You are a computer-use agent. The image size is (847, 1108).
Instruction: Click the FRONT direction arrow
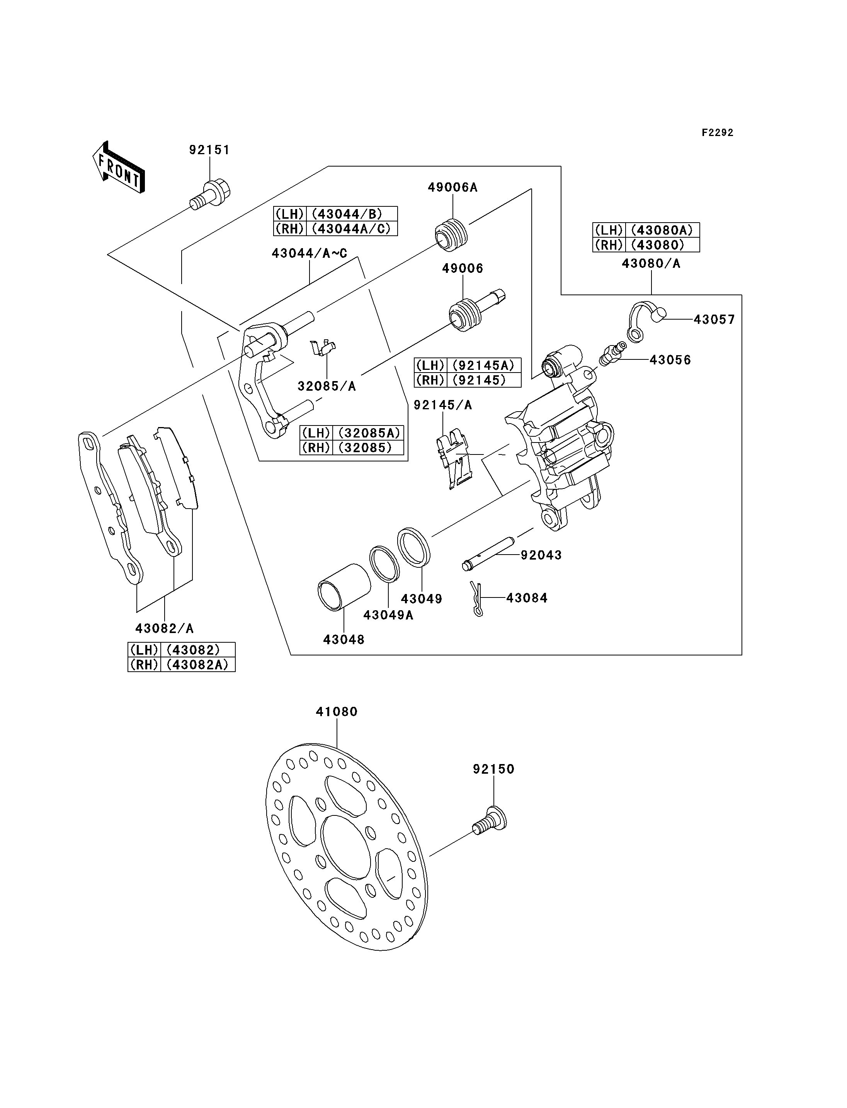pos(119,167)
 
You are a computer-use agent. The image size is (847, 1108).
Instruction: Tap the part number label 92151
pos(209,150)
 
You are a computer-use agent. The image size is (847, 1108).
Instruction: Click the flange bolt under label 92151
pos(210,195)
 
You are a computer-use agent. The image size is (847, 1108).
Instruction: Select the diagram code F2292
pos(718,133)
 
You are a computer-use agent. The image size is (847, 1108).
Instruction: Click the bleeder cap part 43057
pos(646,320)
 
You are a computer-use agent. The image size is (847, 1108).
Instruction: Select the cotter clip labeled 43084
pos(477,599)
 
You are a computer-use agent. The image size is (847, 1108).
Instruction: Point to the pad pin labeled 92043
pos(488,554)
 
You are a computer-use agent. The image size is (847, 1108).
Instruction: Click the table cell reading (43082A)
pos(197,665)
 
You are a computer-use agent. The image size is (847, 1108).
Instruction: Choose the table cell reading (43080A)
pos(662,230)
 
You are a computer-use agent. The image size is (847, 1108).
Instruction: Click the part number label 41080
pos(337,711)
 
